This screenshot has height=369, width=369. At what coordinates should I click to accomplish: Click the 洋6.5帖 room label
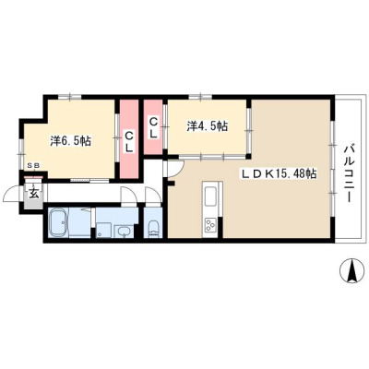click(x=70, y=141)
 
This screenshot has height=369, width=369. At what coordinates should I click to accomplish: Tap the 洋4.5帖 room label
click(x=208, y=125)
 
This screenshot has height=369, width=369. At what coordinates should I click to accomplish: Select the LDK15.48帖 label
click(x=278, y=174)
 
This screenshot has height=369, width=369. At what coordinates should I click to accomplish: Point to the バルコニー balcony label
click(x=349, y=173)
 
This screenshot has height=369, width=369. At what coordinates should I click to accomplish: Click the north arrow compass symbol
click(x=351, y=270)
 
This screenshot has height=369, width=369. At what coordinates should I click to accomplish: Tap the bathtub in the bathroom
click(x=58, y=223)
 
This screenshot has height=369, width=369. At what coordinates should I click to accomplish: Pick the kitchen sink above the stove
click(x=210, y=196)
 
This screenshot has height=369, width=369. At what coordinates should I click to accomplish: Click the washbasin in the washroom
click(x=124, y=231)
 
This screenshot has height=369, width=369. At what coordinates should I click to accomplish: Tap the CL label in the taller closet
click(x=129, y=141)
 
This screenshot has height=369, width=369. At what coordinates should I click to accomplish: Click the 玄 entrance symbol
click(x=33, y=194)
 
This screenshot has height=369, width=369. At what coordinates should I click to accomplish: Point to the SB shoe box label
click(x=33, y=165)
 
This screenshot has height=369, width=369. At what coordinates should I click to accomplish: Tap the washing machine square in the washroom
click(x=103, y=230)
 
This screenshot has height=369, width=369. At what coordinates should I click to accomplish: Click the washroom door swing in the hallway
click(x=128, y=196)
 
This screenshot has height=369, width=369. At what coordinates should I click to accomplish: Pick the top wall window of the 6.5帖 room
click(x=70, y=97)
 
